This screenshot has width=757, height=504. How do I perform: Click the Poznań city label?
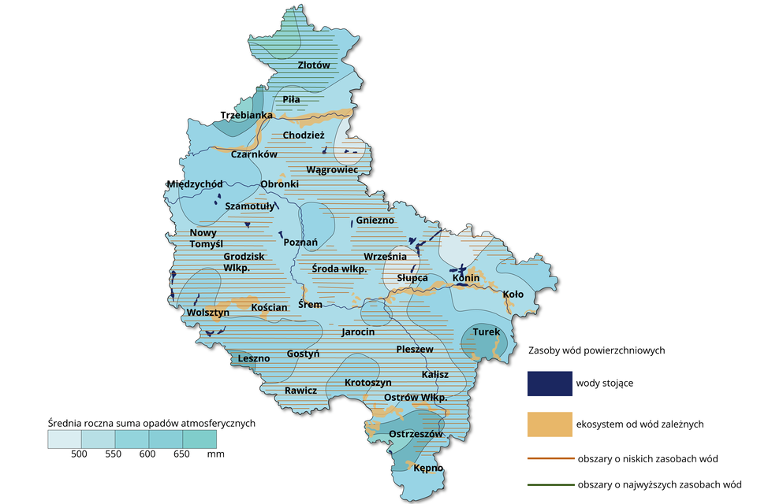299,242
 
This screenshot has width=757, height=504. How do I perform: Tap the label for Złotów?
314,65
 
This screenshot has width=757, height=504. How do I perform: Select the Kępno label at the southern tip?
428,469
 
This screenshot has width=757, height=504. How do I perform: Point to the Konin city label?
466,278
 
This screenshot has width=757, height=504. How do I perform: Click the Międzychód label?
194,183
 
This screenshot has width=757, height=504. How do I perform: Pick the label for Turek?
486,332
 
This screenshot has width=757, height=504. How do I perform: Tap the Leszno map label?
253,358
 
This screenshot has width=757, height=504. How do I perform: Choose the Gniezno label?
375,220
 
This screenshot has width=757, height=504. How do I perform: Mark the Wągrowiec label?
332,169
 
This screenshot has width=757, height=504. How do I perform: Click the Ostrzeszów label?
417,434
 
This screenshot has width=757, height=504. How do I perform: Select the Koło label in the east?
513,295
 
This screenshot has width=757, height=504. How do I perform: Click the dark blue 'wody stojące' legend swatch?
549,384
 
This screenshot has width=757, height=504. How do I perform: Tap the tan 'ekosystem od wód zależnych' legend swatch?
549,424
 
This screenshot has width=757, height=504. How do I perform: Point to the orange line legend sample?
549,458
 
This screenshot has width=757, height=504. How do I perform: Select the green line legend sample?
549,484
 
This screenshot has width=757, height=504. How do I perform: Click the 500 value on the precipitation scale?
79,454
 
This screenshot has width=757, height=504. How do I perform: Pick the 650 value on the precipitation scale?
182,454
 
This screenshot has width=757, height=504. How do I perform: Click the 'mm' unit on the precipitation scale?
216,454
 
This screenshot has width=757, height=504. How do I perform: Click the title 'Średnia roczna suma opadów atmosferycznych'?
151,423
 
